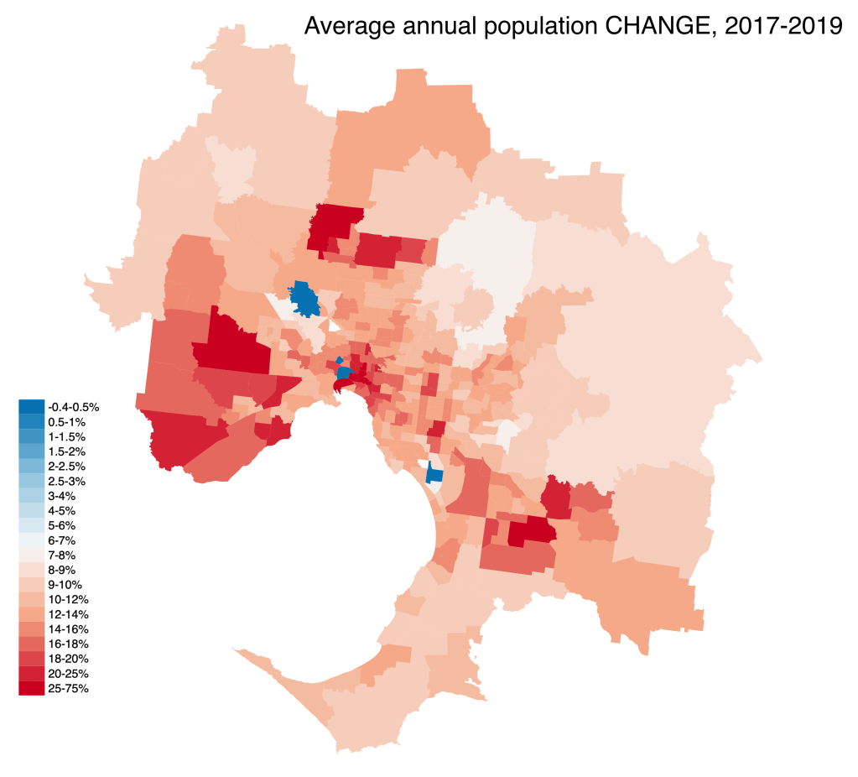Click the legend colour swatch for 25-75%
32,689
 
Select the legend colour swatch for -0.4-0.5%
32,407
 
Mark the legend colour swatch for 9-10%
32,584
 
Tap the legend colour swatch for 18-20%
32,659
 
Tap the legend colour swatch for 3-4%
32,495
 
